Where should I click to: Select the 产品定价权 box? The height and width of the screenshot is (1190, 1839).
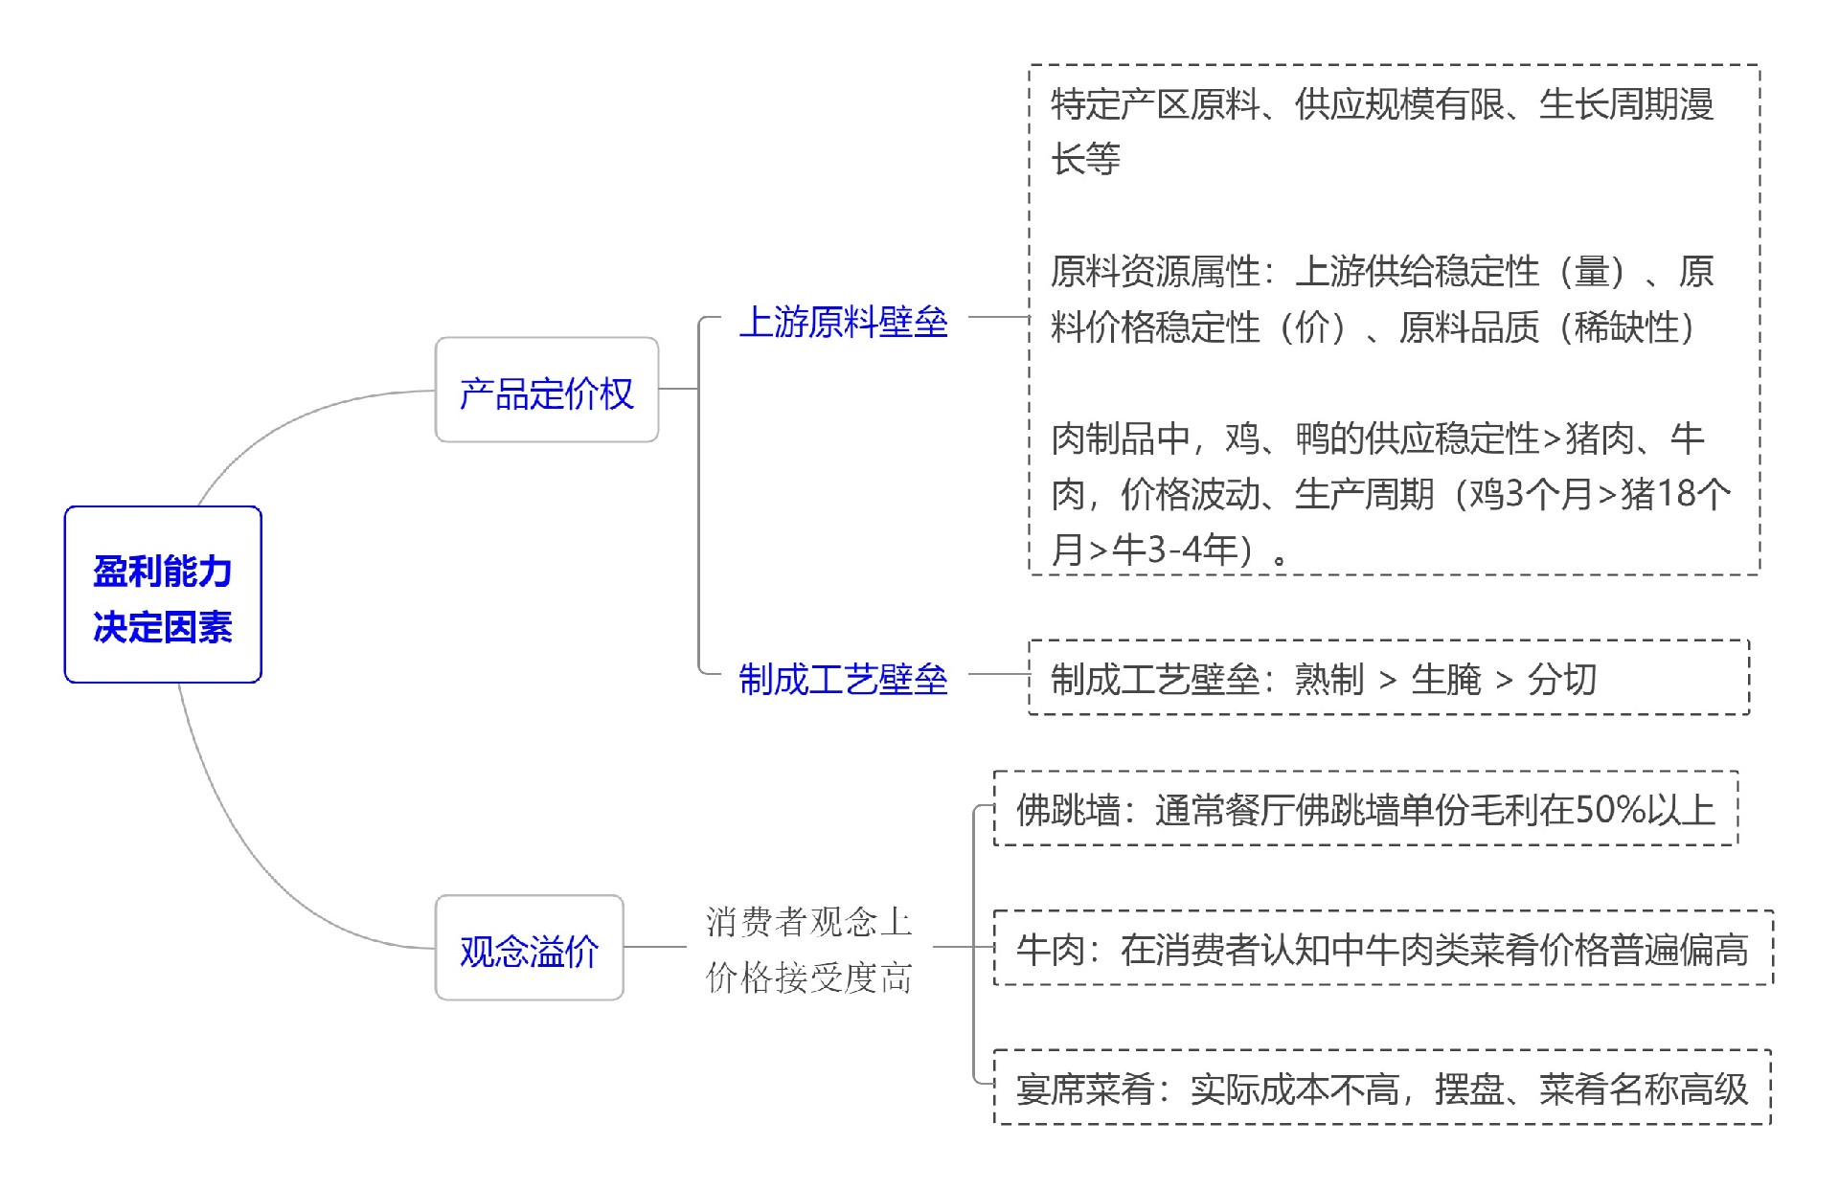[x=546, y=391]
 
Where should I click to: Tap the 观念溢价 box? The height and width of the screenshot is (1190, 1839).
[x=529, y=948]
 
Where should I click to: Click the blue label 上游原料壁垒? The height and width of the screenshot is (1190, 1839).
[x=843, y=322]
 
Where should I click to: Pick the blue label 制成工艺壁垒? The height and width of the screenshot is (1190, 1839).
[x=843, y=679]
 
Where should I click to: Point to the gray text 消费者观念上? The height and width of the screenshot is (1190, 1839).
[x=808, y=921]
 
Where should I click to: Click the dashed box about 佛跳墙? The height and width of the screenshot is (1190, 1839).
[x=1365, y=809]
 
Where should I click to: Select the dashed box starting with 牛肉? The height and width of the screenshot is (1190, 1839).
[x=1382, y=948]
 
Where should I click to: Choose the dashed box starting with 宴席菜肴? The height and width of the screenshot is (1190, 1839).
[x=1382, y=1088]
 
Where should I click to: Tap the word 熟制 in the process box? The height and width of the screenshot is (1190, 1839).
[x=1329, y=679]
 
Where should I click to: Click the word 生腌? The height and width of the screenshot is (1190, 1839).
[x=1446, y=679]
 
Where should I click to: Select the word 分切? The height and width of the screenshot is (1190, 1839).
[x=1562, y=679]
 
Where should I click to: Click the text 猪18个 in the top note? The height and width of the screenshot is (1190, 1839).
[x=1675, y=493]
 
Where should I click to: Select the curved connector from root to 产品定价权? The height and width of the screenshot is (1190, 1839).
[x=287, y=421]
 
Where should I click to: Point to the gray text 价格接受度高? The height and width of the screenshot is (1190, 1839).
[x=808, y=977]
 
